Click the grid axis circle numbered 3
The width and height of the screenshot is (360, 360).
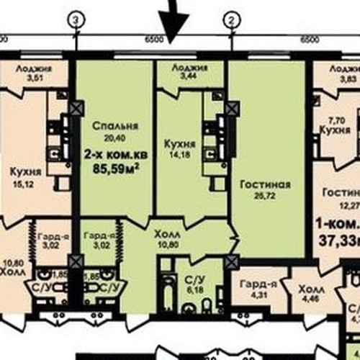[76, 22]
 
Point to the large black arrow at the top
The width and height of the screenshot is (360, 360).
[173, 25]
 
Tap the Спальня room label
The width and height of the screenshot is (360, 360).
[115, 125]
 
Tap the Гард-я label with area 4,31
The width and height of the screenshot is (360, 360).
[254, 287]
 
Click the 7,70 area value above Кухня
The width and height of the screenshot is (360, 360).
[338, 121]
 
